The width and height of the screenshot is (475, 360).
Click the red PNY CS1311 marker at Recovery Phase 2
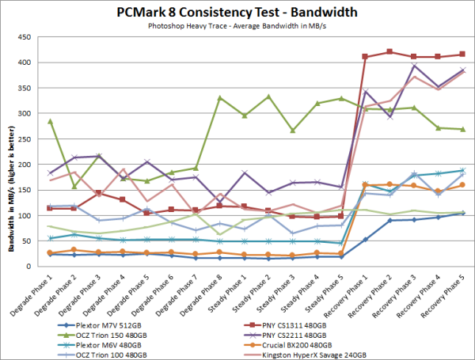pyautogui.click(x=389, y=52)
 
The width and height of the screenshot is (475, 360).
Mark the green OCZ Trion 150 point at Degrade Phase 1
pyautogui.click(x=50, y=121)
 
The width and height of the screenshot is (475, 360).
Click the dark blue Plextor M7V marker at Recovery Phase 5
pyautogui.click(x=462, y=213)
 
